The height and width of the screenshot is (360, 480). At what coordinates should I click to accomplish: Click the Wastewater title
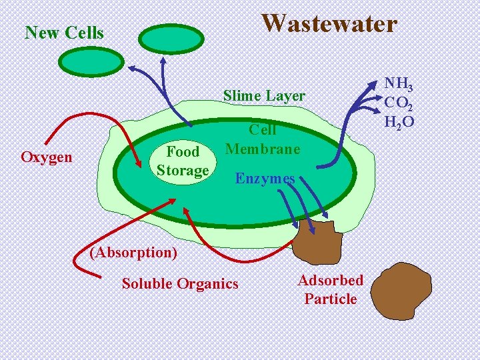[329, 23]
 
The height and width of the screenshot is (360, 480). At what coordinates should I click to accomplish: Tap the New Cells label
[64, 33]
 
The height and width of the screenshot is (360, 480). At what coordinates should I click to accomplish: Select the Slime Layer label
[264, 96]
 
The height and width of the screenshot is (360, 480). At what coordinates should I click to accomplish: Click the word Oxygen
[47, 157]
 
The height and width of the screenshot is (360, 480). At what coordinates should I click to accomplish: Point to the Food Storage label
[183, 161]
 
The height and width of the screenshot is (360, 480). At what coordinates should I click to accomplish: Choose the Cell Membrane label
[263, 139]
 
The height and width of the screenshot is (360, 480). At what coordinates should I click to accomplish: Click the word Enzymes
[265, 179]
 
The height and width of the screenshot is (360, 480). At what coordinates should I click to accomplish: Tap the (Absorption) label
[134, 253]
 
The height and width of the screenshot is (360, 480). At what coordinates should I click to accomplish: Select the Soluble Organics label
[179, 284]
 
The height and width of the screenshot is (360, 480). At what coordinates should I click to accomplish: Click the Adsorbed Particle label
[331, 289]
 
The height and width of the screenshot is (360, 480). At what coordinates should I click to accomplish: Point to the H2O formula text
[399, 121]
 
